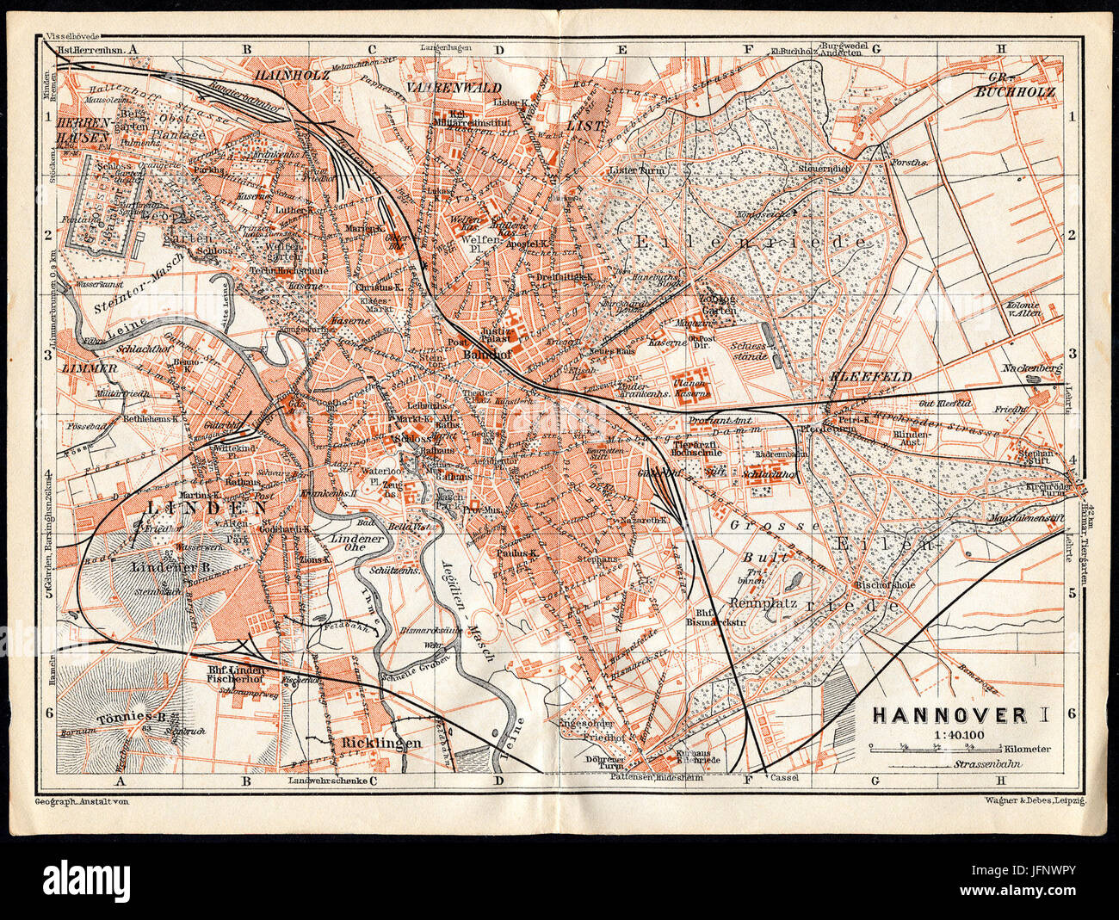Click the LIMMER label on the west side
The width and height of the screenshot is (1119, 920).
click(90, 367)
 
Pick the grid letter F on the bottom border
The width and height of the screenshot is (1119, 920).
click(746, 780)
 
